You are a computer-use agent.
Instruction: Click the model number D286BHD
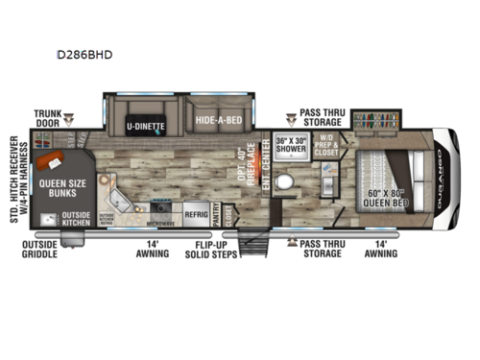pyautogui.click(x=92, y=55)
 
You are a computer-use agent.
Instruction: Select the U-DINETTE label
pyautogui.click(x=145, y=126)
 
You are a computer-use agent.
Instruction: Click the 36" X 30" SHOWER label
pyautogui.click(x=290, y=147)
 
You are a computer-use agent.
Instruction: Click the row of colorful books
pyautogui.click(x=376, y=122)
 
